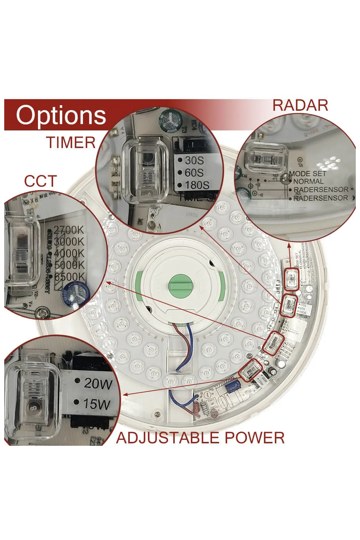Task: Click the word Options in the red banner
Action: coord(61,116)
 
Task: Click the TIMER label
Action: coord(71,143)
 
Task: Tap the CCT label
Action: coord(40,181)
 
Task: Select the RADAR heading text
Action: coord(300,105)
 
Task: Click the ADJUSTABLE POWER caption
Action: coord(200,438)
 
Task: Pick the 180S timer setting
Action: coord(197,185)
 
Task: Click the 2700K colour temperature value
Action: coord(69,230)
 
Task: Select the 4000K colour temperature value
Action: coord(69,253)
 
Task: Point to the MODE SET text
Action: coord(308,174)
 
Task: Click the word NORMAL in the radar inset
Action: coord(308,181)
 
